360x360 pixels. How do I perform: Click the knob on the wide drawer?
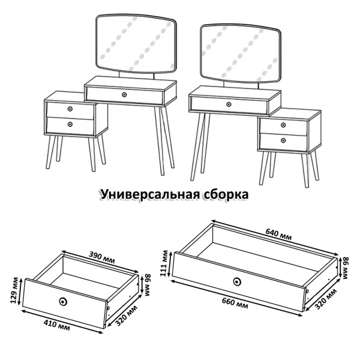(x=237, y=281)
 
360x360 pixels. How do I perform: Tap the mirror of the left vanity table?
(x=137, y=46)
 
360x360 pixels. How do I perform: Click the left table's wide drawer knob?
(x=124, y=94)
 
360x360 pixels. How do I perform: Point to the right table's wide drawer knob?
(x=229, y=104)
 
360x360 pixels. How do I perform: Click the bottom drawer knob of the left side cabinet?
(x=70, y=124)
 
